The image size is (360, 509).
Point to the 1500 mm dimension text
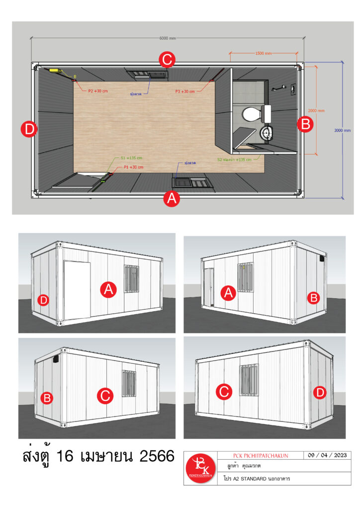[x=264, y=53]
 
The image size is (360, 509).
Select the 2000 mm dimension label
[x=317, y=110]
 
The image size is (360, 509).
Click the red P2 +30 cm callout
[x=98, y=91]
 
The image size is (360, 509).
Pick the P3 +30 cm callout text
[x=185, y=91]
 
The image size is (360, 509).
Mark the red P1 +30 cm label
[x=133, y=168]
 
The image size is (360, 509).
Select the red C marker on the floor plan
[x=167, y=60]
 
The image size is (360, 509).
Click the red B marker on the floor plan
[x=305, y=123]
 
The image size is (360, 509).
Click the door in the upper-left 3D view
[x=77, y=290]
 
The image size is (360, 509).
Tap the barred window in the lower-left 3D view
[x=129, y=383]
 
